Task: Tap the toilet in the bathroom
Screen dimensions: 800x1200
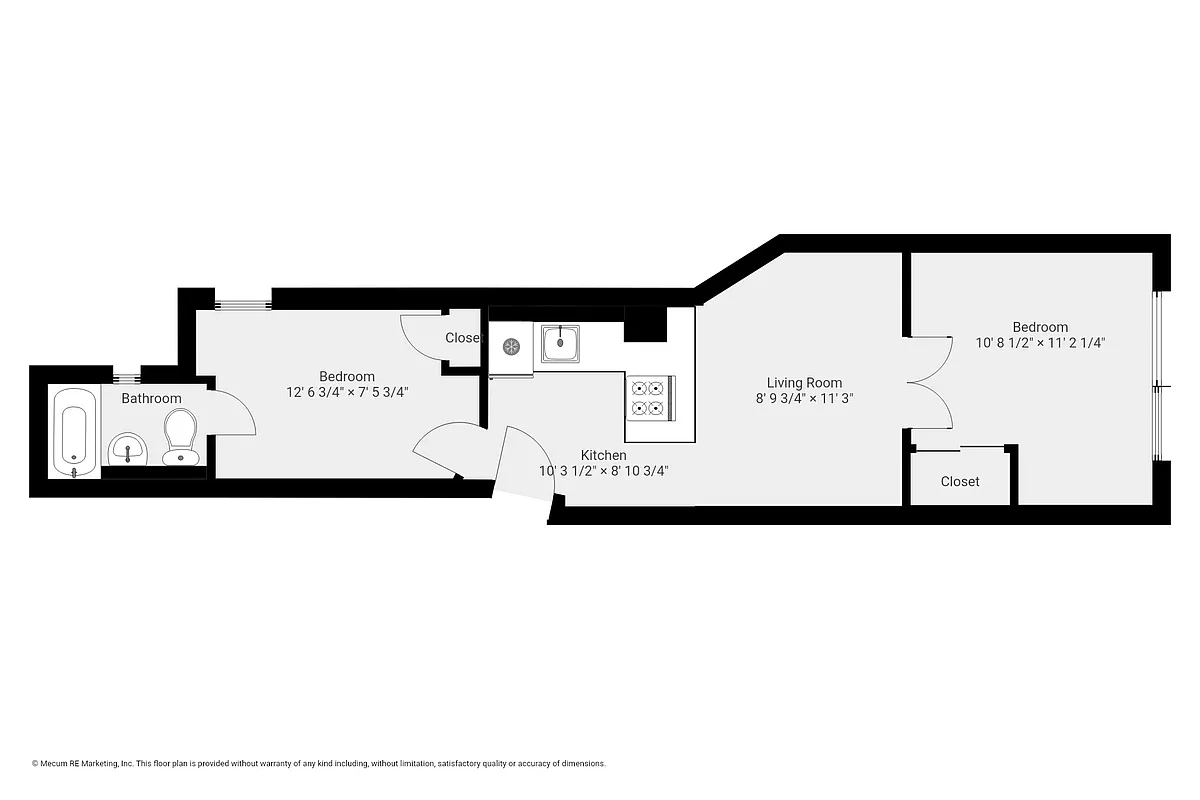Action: click(180, 438)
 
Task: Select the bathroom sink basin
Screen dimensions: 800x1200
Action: click(128, 449)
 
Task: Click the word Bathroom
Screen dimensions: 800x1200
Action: click(151, 399)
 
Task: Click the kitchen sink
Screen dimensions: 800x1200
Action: click(563, 344)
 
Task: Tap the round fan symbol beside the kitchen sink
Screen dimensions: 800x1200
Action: click(511, 347)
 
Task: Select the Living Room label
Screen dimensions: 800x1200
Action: click(804, 382)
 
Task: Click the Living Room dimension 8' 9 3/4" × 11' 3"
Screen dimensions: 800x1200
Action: click(804, 398)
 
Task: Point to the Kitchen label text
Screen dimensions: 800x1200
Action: click(603, 455)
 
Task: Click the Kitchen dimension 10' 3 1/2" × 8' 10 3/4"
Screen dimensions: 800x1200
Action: click(603, 471)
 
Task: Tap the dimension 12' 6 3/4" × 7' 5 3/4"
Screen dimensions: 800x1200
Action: click(347, 392)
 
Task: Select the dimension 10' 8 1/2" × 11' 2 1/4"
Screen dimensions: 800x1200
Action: click(1040, 342)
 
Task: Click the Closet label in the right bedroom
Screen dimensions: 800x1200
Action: click(960, 481)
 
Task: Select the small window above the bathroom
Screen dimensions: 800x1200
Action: click(126, 377)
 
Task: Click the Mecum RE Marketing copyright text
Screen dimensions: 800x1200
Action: click(319, 763)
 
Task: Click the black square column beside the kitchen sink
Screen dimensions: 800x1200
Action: click(645, 325)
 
